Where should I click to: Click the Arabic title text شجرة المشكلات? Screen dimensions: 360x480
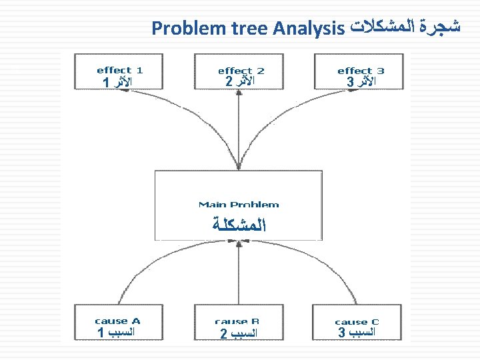[405, 27]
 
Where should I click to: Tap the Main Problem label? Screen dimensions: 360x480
[239, 205]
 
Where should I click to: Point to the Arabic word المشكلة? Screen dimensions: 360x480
[239, 225]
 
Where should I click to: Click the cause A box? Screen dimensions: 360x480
[118, 323]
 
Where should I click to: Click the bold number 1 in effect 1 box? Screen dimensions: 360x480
[106, 83]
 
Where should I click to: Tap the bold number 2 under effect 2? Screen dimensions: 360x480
[229, 82]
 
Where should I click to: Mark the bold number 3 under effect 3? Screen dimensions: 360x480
[350, 82]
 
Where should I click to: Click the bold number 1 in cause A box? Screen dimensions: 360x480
[100, 332]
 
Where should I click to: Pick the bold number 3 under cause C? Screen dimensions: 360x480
[341, 331]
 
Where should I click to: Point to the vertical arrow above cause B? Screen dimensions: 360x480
[237, 273]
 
